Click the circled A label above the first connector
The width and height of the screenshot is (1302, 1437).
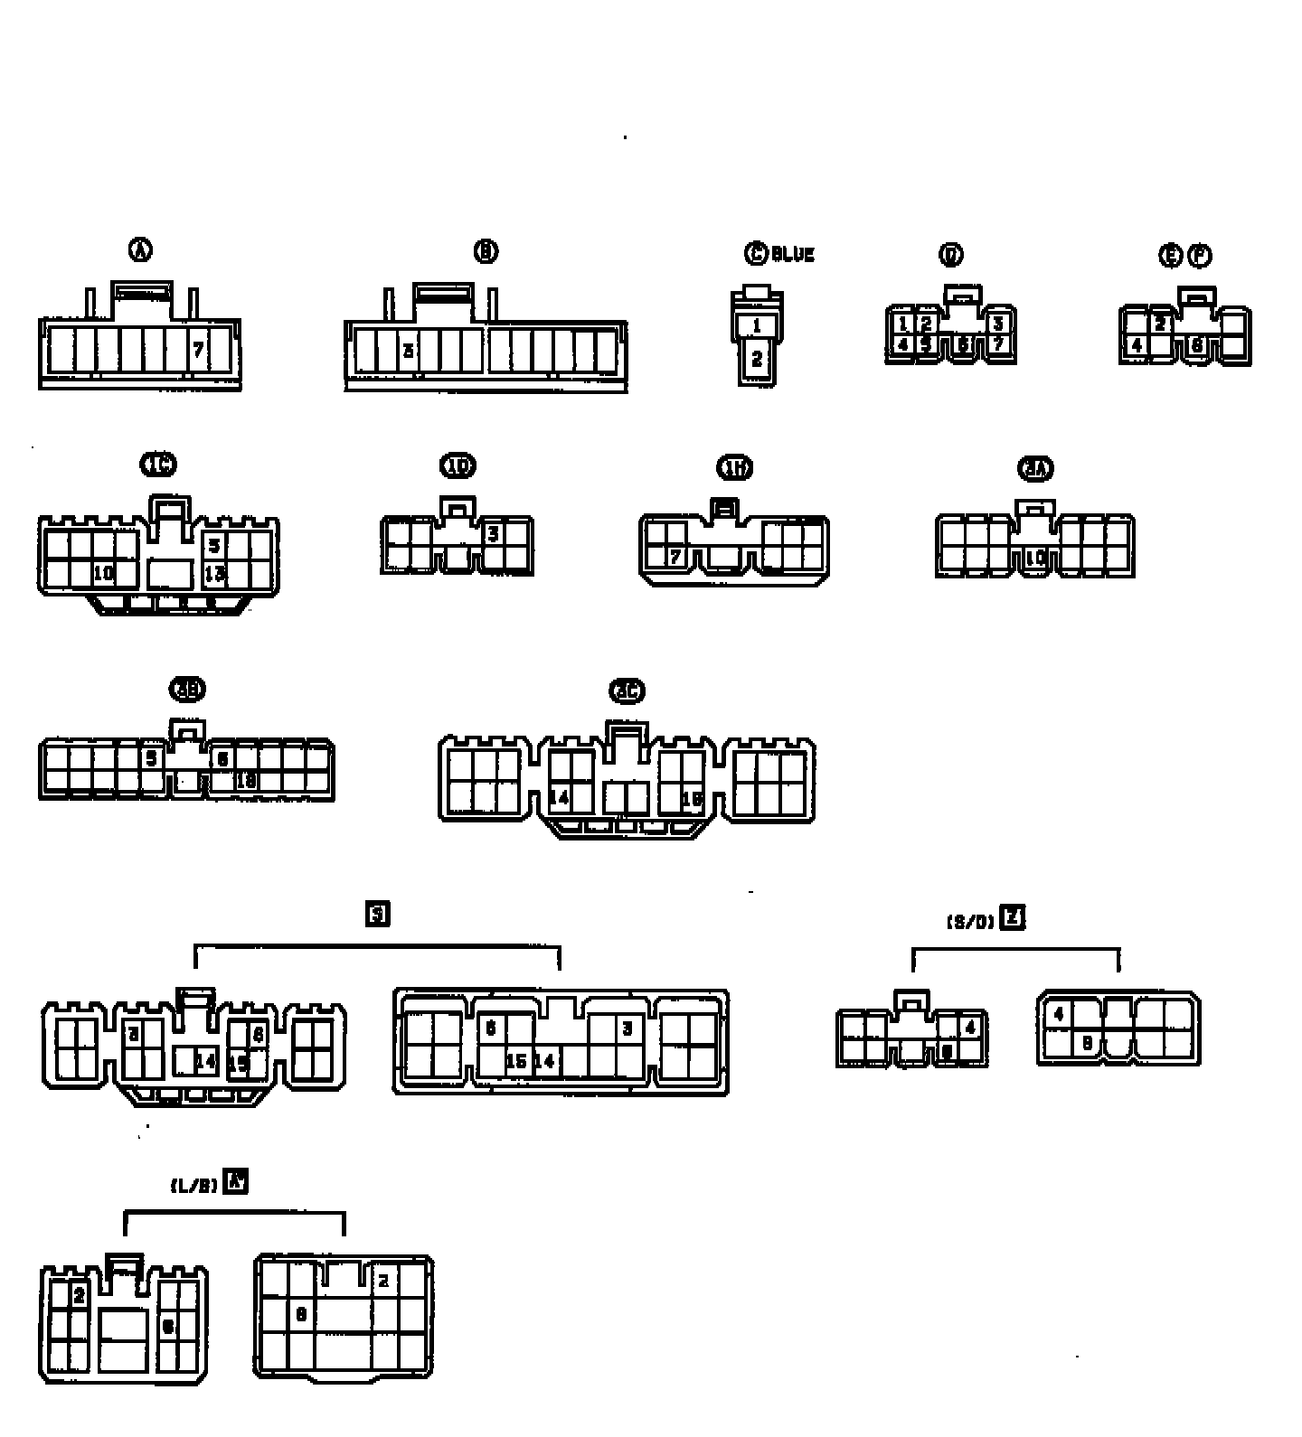pyautogui.click(x=140, y=250)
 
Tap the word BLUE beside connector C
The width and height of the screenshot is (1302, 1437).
pyautogui.click(x=793, y=255)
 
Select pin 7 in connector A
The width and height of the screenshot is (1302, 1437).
pyautogui.click(x=199, y=349)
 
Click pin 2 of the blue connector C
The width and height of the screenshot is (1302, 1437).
pyautogui.click(x=757, y=359)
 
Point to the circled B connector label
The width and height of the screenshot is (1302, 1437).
pyautogui.click(x=486, y=251)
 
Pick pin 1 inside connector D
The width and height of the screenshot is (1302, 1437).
pyautogui.click(x=902, y=324)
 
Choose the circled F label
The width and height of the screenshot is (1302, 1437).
pyautogui.click(x=1199, y=256)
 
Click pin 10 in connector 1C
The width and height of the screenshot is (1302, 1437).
pyautogui.click(x=103, y=573)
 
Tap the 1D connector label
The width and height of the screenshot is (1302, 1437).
pyautogui.click(x=458, y=465)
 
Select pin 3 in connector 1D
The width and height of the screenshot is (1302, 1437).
pyautogui.click(x=493, y=534)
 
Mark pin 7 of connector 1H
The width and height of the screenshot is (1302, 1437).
pyautogui.click(x=675, y=557)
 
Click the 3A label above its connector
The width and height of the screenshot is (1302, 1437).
pyautogui.click(x=1036, y=468)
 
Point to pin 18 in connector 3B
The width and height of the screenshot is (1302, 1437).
pyautogui.click(x=246, y=780)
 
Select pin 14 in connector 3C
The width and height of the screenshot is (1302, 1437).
pyautogui.click(x=560, y=798)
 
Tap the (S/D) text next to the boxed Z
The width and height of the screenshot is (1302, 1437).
pyautogui.click(x=970, y=922)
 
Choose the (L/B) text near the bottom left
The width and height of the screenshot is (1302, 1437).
pyautogui.click(x=194, y=1186)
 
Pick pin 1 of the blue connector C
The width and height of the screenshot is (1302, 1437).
pyautogui.click(x=757, y=325)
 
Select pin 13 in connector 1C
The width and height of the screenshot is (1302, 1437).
pyautogui.click(x=214, y=573)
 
